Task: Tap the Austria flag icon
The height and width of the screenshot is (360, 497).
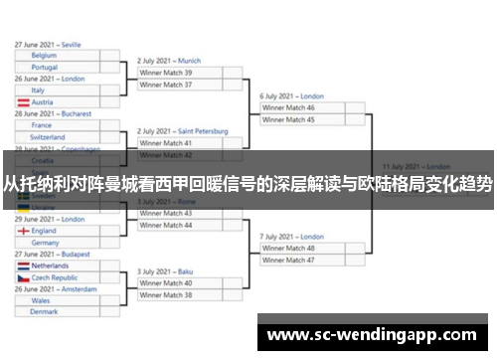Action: point(23,102)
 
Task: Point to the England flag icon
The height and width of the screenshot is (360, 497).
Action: point(23,231)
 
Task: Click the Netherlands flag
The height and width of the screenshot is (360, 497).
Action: point(23,267)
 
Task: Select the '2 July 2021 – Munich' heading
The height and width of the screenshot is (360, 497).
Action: point(169,61)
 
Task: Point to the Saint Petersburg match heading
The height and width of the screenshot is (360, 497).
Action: point(182,131)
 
